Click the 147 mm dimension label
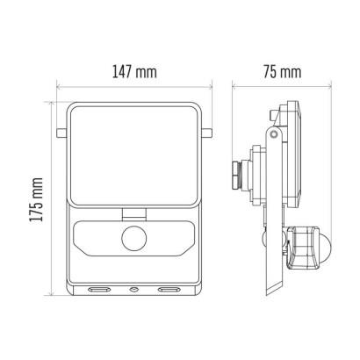(134, 72)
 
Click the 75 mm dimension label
(282, 72)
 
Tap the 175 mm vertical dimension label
(37, 199)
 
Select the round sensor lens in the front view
(134, 238)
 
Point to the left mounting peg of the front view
(61, 133)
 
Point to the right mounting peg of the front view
(206, 133)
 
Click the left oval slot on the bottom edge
(99, 290)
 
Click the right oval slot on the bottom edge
(169, 290)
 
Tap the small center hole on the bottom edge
(134, 290)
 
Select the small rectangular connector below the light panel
(134, 213)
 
